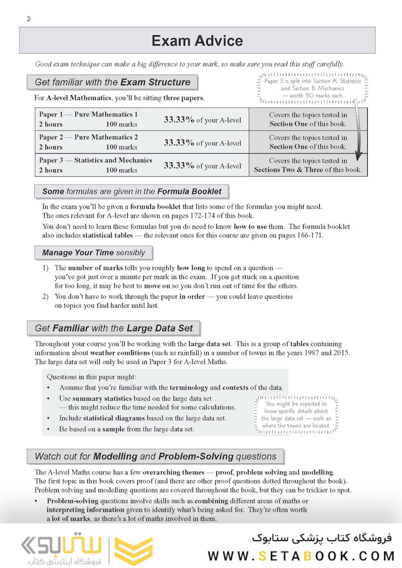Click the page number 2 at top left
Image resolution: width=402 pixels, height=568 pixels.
[28, 19]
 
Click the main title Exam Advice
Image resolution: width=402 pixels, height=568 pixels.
[197, 40]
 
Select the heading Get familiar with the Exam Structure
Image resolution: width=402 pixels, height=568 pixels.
[112, 82]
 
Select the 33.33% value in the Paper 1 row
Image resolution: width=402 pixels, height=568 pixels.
[179, 120]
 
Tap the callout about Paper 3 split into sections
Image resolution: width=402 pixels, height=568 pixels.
[313, 88]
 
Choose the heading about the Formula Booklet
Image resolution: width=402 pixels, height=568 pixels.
[132, 191]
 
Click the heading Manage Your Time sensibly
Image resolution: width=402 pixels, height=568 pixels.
[93, 252]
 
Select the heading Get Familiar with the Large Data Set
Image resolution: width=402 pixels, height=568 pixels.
[114, 328]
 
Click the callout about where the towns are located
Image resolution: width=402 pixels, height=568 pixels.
[296, 414]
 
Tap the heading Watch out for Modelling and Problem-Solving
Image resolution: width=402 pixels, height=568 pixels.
[155, 457]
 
